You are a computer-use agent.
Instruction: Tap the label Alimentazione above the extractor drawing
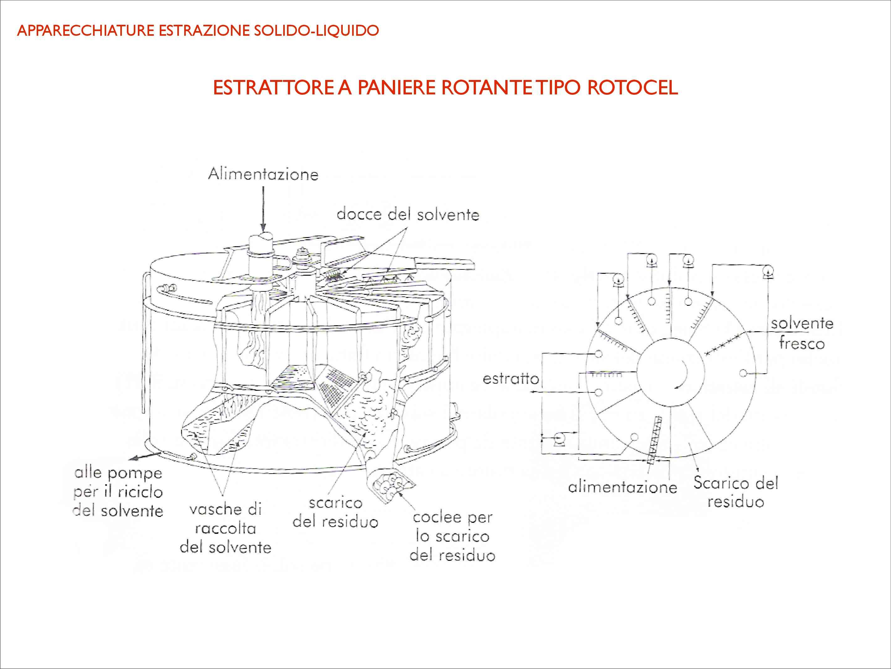263,174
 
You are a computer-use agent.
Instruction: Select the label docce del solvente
408,214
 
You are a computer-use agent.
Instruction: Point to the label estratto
510,379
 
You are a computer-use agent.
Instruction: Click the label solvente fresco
802,333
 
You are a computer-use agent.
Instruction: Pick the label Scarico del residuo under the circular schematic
736,492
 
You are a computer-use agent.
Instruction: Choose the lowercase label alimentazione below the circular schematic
622,487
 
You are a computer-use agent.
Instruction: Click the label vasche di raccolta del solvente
226,528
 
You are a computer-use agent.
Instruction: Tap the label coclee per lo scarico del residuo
452,536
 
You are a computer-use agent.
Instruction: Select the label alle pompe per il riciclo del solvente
118,491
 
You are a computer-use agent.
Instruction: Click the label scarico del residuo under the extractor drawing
335,512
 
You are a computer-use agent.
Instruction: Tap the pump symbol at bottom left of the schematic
560,439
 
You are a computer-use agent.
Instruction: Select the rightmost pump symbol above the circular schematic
769,272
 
